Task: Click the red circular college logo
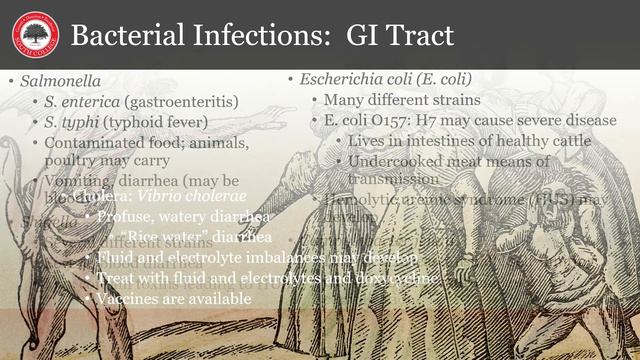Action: [35, 35]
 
